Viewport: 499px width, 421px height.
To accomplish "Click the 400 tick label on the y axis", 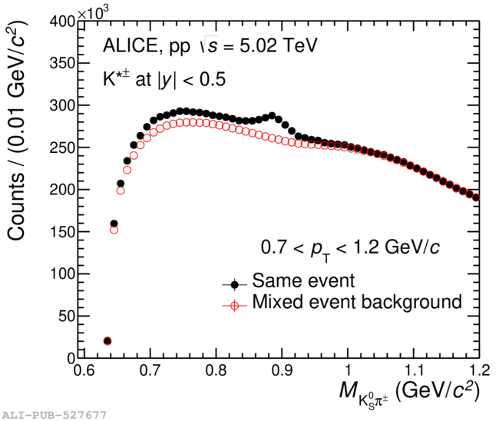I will (61, 22).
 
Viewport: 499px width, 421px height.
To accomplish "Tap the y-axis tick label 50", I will (65, 316).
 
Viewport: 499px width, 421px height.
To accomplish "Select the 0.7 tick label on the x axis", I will (150, 370).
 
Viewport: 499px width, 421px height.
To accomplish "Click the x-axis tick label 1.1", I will (414, 370).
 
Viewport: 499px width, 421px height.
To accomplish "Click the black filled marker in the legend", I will (233, 282).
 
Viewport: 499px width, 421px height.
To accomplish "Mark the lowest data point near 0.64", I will (107, 340).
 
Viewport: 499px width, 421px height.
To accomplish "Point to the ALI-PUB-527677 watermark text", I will (54, 415).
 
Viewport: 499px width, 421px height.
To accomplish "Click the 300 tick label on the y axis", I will (61, 106).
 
